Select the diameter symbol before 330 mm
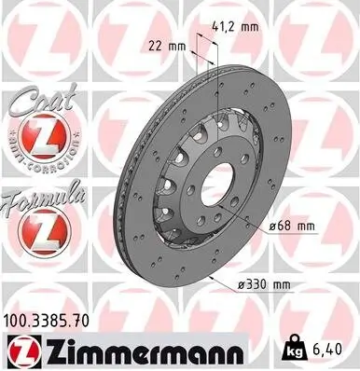[243, 284]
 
